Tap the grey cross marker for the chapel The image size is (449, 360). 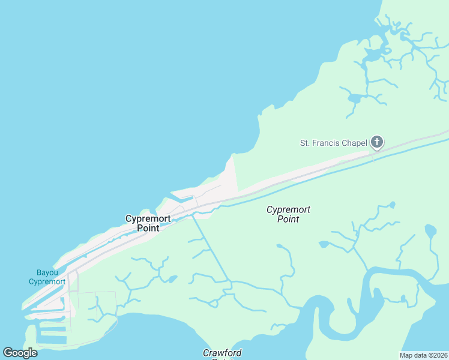pyautogui.click(x=376, y=142)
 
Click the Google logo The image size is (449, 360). pyautogui.click(x=20, y=352)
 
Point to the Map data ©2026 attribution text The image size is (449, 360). pyautogui.click(x=423, y=355)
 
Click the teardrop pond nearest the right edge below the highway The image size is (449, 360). pyautogui.click(x=430, y=230)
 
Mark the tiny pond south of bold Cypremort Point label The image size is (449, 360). pyautogui.click(x=173, y=279)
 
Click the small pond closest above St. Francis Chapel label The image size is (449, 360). pyautogui.click(x=354, y=98)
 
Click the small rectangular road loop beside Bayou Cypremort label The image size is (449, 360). pyautogui.click(x=72, y=282)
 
